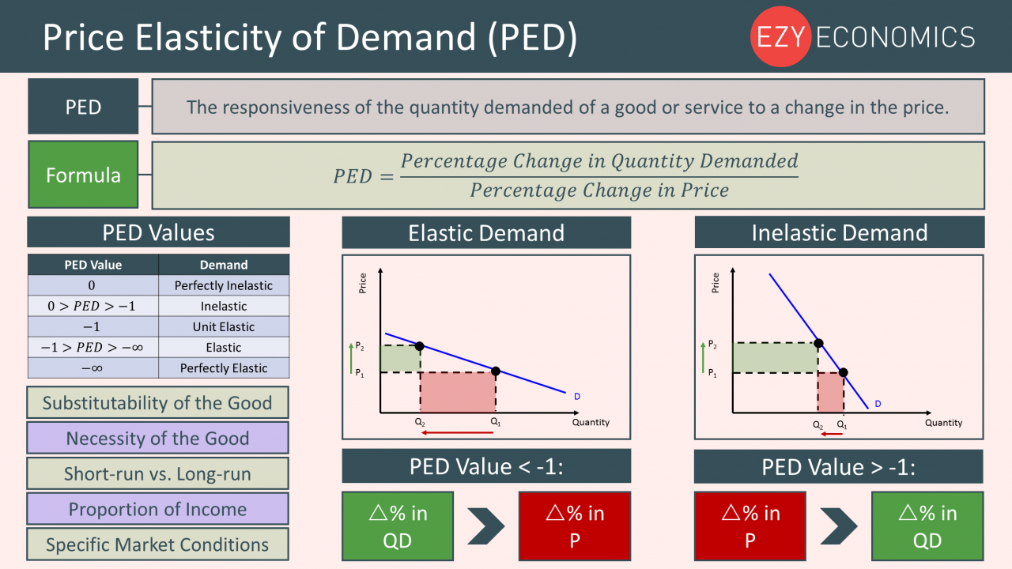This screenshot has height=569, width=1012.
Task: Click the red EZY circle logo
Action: pos(780,36)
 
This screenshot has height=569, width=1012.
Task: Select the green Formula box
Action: pos(83,175)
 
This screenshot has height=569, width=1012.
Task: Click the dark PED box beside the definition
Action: pos(83,107)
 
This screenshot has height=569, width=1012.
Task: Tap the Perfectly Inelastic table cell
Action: pos(224,286)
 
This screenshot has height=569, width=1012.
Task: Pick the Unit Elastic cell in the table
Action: pos(224,327)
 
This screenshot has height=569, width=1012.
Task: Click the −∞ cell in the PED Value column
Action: pos(93,368)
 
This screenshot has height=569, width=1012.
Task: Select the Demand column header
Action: pos(224,265)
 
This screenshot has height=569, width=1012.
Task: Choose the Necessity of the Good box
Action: pos(157,439)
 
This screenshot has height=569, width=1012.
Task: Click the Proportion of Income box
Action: pos(157,510)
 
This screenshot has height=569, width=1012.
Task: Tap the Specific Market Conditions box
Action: pos(157,545)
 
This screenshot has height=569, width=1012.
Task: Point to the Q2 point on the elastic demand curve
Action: pos(420,346)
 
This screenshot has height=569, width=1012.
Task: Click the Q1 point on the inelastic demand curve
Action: pos(843,372)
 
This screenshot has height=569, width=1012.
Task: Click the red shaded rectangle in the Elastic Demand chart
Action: pos(457,392)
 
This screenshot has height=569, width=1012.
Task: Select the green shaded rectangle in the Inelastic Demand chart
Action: pos(775,358)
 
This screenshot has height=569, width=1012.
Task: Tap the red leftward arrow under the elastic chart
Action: pos(450,433)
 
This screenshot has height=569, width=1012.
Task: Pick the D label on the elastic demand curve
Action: pos(577,396)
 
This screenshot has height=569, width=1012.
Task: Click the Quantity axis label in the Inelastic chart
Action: pos(943,423)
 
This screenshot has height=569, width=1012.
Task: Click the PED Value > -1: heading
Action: pos(838,467)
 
